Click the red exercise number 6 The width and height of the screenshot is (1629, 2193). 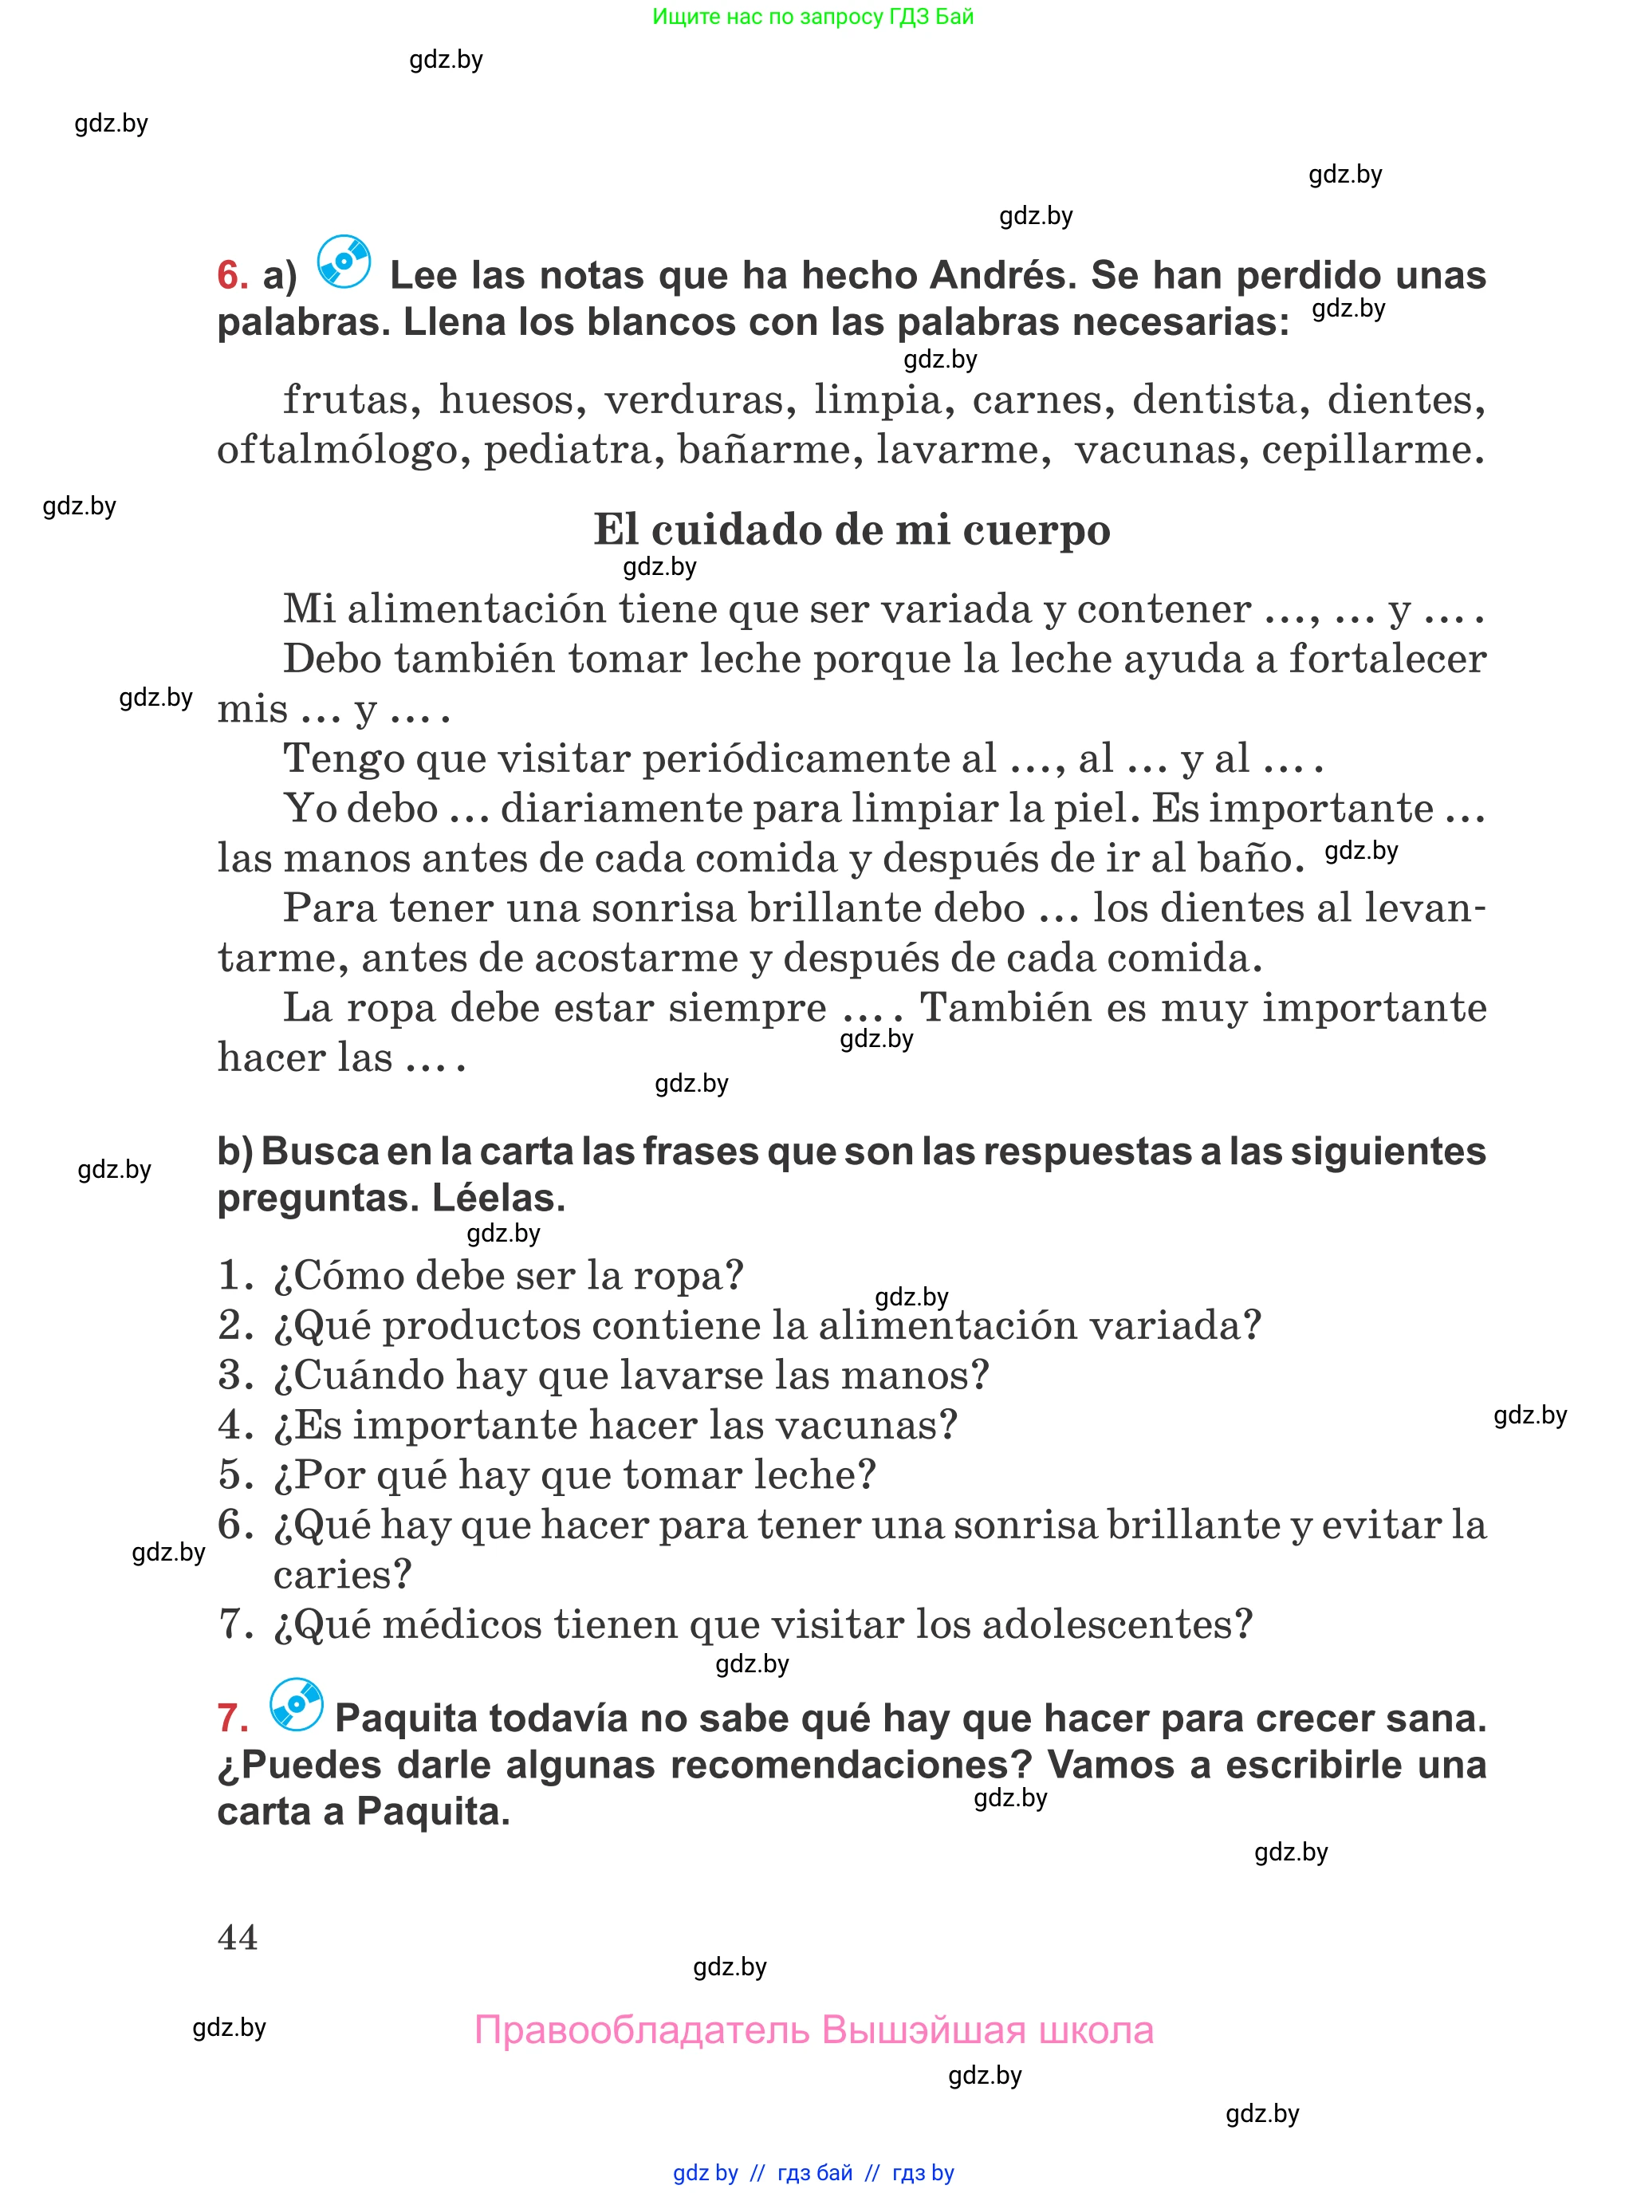pyautogui.click(x=232, y=275)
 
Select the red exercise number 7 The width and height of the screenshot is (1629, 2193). pyautogui.click(x=233, y=1719)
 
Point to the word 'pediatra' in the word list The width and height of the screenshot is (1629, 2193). pyautogui.click(x=573, y=450)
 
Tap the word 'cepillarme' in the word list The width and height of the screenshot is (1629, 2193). pyautogui.click(x=1371, y=450)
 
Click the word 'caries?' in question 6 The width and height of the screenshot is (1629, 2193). pyautogui.click(x=342, y=1575)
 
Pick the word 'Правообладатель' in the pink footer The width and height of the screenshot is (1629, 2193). pyautogui.click(x=641, y=2030)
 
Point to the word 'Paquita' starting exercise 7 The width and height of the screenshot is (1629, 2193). pyautogui.click(x=405, y=1719)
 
